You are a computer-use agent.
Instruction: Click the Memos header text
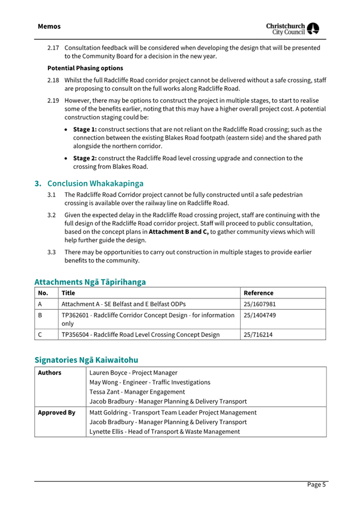(49, 27)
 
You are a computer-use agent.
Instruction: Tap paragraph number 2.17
(53, 48)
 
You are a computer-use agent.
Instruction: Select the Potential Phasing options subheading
(85, 68)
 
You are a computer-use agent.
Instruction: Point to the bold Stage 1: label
(85, 130)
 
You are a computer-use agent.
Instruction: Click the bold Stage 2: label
(85, 158)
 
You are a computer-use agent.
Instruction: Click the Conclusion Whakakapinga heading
(89, 183)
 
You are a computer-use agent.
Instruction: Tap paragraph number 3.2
(52, 215)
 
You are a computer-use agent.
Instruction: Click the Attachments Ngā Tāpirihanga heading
(90, 281)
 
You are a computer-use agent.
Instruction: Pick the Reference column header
(258, 293)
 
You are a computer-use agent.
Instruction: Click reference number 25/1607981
(259, 304)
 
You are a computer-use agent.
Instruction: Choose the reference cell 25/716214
(258, 335)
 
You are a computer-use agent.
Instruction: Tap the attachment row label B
(41, 316)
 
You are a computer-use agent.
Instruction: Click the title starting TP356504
(140, 335)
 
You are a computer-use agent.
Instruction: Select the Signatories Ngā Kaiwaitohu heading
(86, 360)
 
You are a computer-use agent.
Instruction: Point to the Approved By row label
(56, 413)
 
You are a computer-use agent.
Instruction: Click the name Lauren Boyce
(110, 373)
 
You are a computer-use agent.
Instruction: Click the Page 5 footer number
(316, 484)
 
